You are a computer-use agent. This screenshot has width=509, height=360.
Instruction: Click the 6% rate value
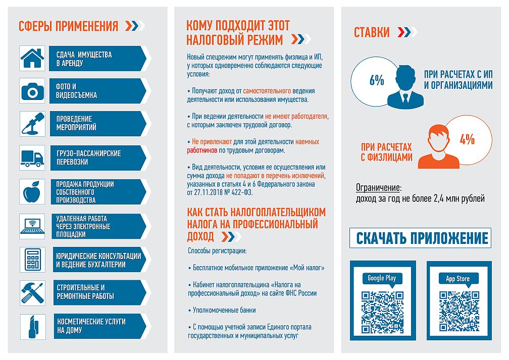coord(377,80)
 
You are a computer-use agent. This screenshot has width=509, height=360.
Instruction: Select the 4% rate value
coord(467,139)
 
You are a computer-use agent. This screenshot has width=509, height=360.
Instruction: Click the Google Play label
coord(382,278)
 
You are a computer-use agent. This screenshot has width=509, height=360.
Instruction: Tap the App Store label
coord(457,279)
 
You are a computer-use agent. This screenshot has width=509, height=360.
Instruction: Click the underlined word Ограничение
coord(378,187)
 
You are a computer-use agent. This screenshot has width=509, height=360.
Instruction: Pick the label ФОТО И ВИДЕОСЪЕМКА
coord(77,91)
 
